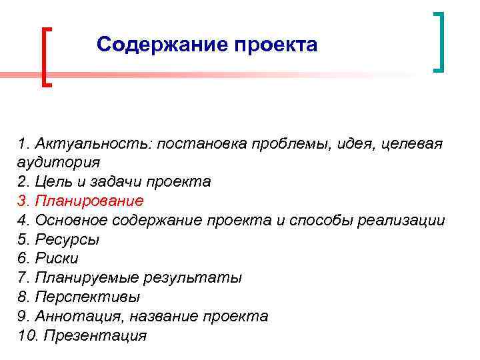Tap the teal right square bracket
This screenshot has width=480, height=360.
[x=439, y=41]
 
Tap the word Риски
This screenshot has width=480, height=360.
[x=61, y=259]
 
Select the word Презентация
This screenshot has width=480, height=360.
[x=94, y=335]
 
